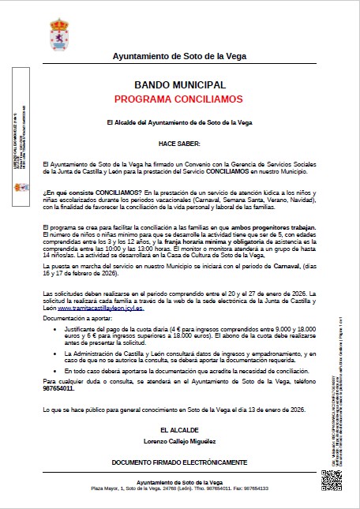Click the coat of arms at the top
[x=179, y=28]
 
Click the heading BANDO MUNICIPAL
[x=180, y=85]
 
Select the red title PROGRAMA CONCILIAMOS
[x=180, y=99]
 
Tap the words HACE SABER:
[x=180, y=143]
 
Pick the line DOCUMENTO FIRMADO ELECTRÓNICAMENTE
[x=180, y=462]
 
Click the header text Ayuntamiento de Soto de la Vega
[x=180, y=57]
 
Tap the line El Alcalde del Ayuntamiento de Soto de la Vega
[x=180, y=123]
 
